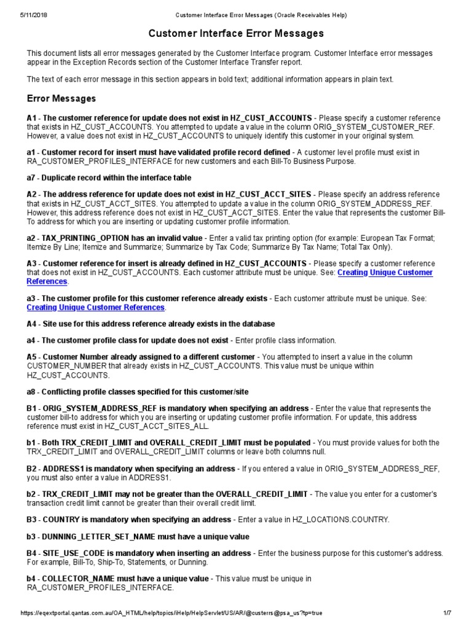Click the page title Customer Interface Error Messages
(x=236, y=33)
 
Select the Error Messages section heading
(x=61, y=98)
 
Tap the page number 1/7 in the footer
(x=447, y=613)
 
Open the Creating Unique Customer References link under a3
(x=95, y=307)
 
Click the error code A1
(x=32, y=118)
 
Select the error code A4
(x=32, y=324)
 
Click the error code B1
(x=32, y=408)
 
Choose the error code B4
(x=32, y=553)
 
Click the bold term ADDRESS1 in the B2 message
(x=63, y=469)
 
